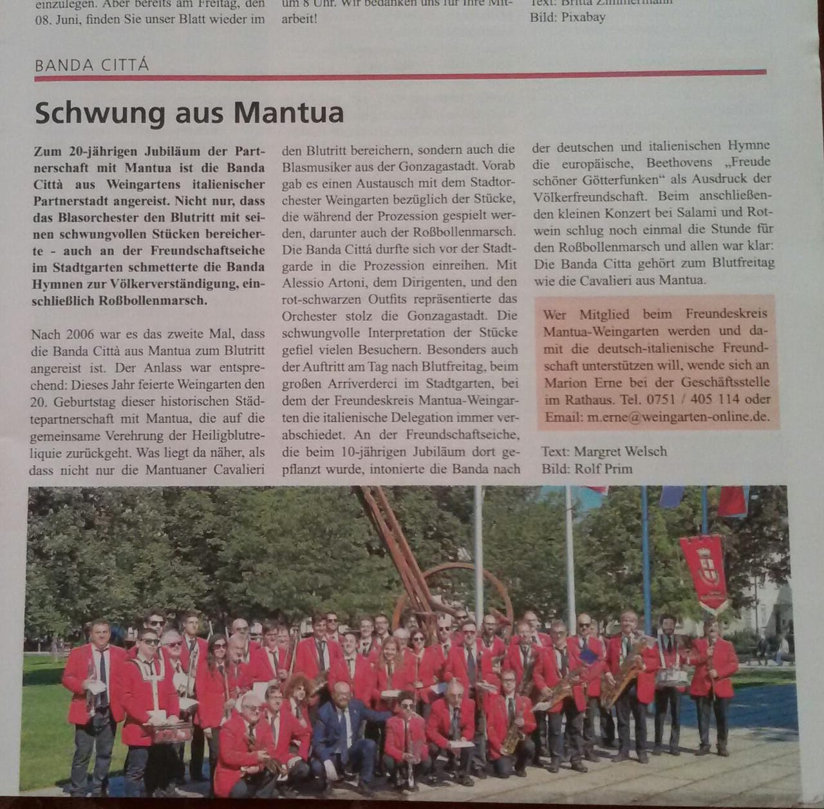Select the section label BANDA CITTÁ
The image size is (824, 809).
coord(91,65)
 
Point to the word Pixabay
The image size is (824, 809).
coord(583,17)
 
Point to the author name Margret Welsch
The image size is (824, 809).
coord(621,451)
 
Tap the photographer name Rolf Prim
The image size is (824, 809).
coord(603,469)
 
